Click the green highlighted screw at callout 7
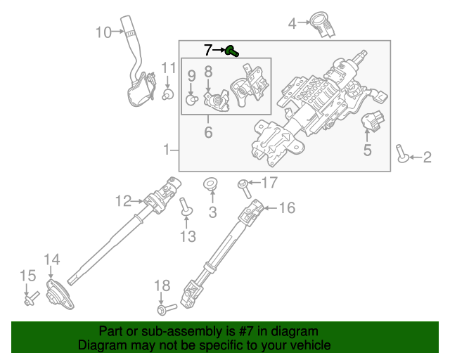233,51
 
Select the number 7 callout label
208,50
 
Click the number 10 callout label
103,32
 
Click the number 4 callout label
292,25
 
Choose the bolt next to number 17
243,186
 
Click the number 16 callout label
287,208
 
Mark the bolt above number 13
186,207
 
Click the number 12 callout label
122,202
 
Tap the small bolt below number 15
30,301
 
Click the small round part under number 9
191,100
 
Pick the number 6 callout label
208,132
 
